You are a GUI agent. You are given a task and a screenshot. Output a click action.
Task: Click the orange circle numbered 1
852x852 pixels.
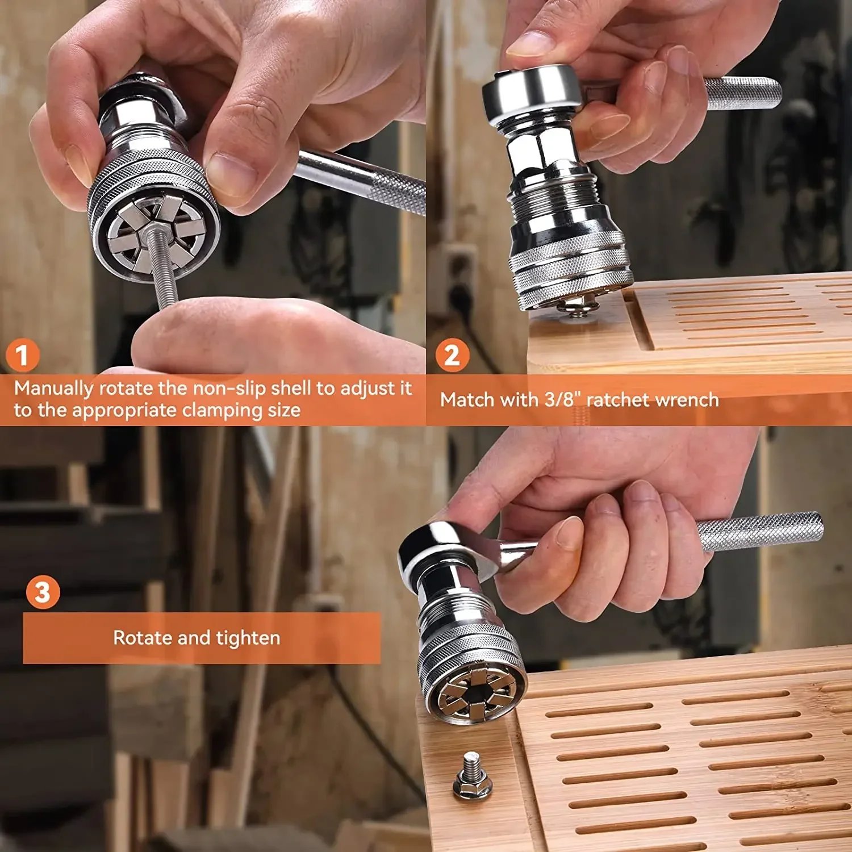click(x=22, y=356)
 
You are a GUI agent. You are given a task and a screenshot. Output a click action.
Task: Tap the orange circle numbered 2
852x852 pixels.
click(x=452, y=356)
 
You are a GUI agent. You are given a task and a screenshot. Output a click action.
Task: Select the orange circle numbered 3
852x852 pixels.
click(x=43, y=592)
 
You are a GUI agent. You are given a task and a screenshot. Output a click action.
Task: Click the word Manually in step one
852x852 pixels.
click(x=53, y=389)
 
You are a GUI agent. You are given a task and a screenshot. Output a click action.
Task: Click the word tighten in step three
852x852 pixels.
click(x=248, y=638)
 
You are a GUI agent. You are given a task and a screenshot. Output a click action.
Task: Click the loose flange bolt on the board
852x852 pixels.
click(x=473, y=776)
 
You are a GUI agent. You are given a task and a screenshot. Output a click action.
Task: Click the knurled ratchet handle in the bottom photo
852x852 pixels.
click(x=761, y=531)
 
